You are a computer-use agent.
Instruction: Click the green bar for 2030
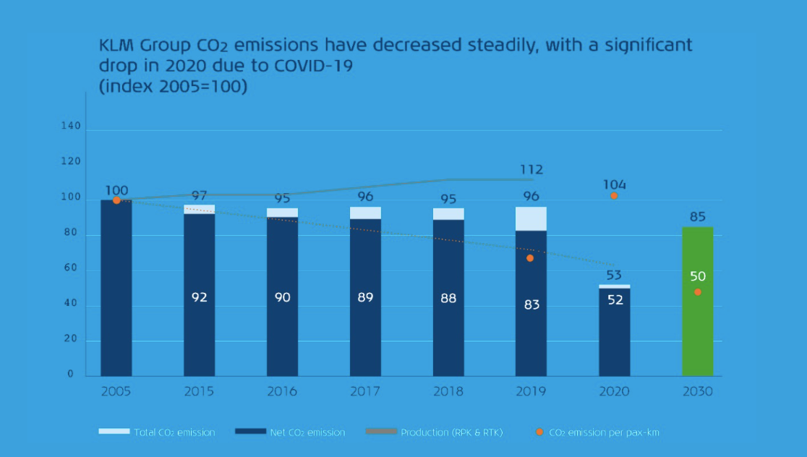[697, 325]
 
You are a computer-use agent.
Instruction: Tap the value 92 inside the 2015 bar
[200, 297]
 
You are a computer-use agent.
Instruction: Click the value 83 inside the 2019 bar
[531, 304]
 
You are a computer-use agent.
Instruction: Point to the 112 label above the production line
[531, 170]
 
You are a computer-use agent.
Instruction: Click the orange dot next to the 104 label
[614, 196]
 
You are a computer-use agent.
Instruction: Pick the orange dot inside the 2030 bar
[697, 292]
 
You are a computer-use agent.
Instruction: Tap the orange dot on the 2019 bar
[530, 258]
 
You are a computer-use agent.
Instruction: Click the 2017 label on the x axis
[365, 391]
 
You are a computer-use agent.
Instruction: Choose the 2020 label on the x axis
[614, 391]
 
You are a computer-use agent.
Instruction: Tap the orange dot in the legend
[539, 432]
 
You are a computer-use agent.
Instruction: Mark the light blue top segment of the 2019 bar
[531, 218]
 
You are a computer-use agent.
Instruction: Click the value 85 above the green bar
[697, 216]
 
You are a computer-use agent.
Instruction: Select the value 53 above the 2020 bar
[614, 275]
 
